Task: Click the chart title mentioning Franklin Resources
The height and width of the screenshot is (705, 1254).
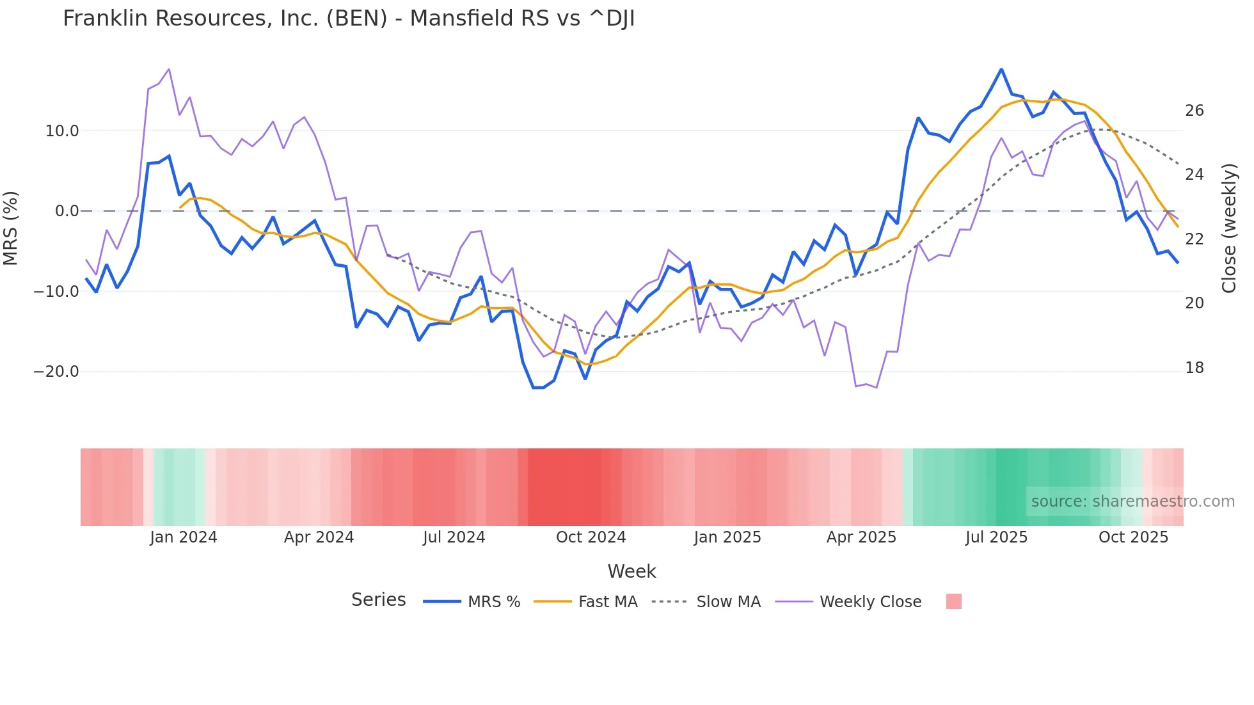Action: (x=349, y=19)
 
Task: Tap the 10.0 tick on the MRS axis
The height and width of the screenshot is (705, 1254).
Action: (x=62, y=131)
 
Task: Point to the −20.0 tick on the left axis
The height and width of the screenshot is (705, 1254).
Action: (x=56, y=372)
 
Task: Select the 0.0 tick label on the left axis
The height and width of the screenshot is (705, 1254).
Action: (x=67, y=211)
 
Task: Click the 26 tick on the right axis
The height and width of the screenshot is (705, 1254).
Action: (x=1194, y=111)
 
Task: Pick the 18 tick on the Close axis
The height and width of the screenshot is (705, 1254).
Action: (x=1194, y=368)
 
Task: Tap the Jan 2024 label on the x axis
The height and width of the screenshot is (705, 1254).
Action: (x=184, y=537)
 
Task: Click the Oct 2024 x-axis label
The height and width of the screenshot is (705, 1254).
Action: (x=591, y=537)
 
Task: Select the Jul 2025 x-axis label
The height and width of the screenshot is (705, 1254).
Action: (x=996, y=537)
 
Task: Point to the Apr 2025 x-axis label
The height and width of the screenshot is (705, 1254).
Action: (x=861, y=537)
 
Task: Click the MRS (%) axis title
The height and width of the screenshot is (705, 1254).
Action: (x=11, y=228)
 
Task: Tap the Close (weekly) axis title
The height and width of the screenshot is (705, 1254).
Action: (x=1229, y=228)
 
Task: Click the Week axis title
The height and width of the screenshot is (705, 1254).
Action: (x=631, y=571)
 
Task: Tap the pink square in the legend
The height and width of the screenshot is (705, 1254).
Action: (x=953, y=601)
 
